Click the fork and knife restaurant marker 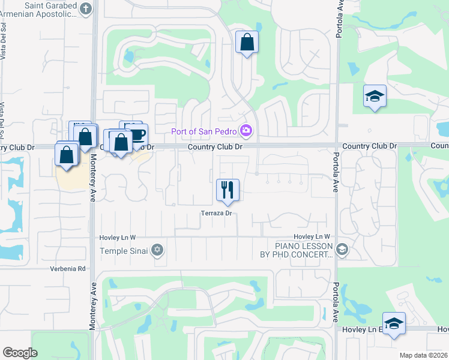point(228,190)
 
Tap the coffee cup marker point(137,133)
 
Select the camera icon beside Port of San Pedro point(246,130)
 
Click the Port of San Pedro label point(205,131)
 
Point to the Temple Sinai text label point(124,251)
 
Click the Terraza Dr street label point(216,213)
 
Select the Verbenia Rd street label point(61,269)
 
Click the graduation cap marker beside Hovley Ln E point(394,323)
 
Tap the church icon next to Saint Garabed point(86,8)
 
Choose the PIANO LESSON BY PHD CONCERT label point(304,250)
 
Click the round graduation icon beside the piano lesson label point(342,249)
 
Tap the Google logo point(20,353)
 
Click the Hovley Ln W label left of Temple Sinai point(118,238)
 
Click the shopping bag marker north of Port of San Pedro point(247,42)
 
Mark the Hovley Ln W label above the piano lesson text point(312,237)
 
